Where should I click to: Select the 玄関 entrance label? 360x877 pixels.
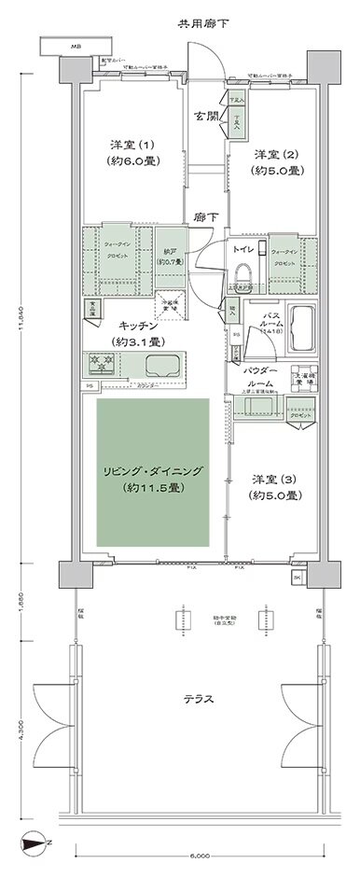click(x=205, y=116)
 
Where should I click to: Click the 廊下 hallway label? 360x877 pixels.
click(x=207, y=217)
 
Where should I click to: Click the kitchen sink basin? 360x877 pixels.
click(x=169, y=364)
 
